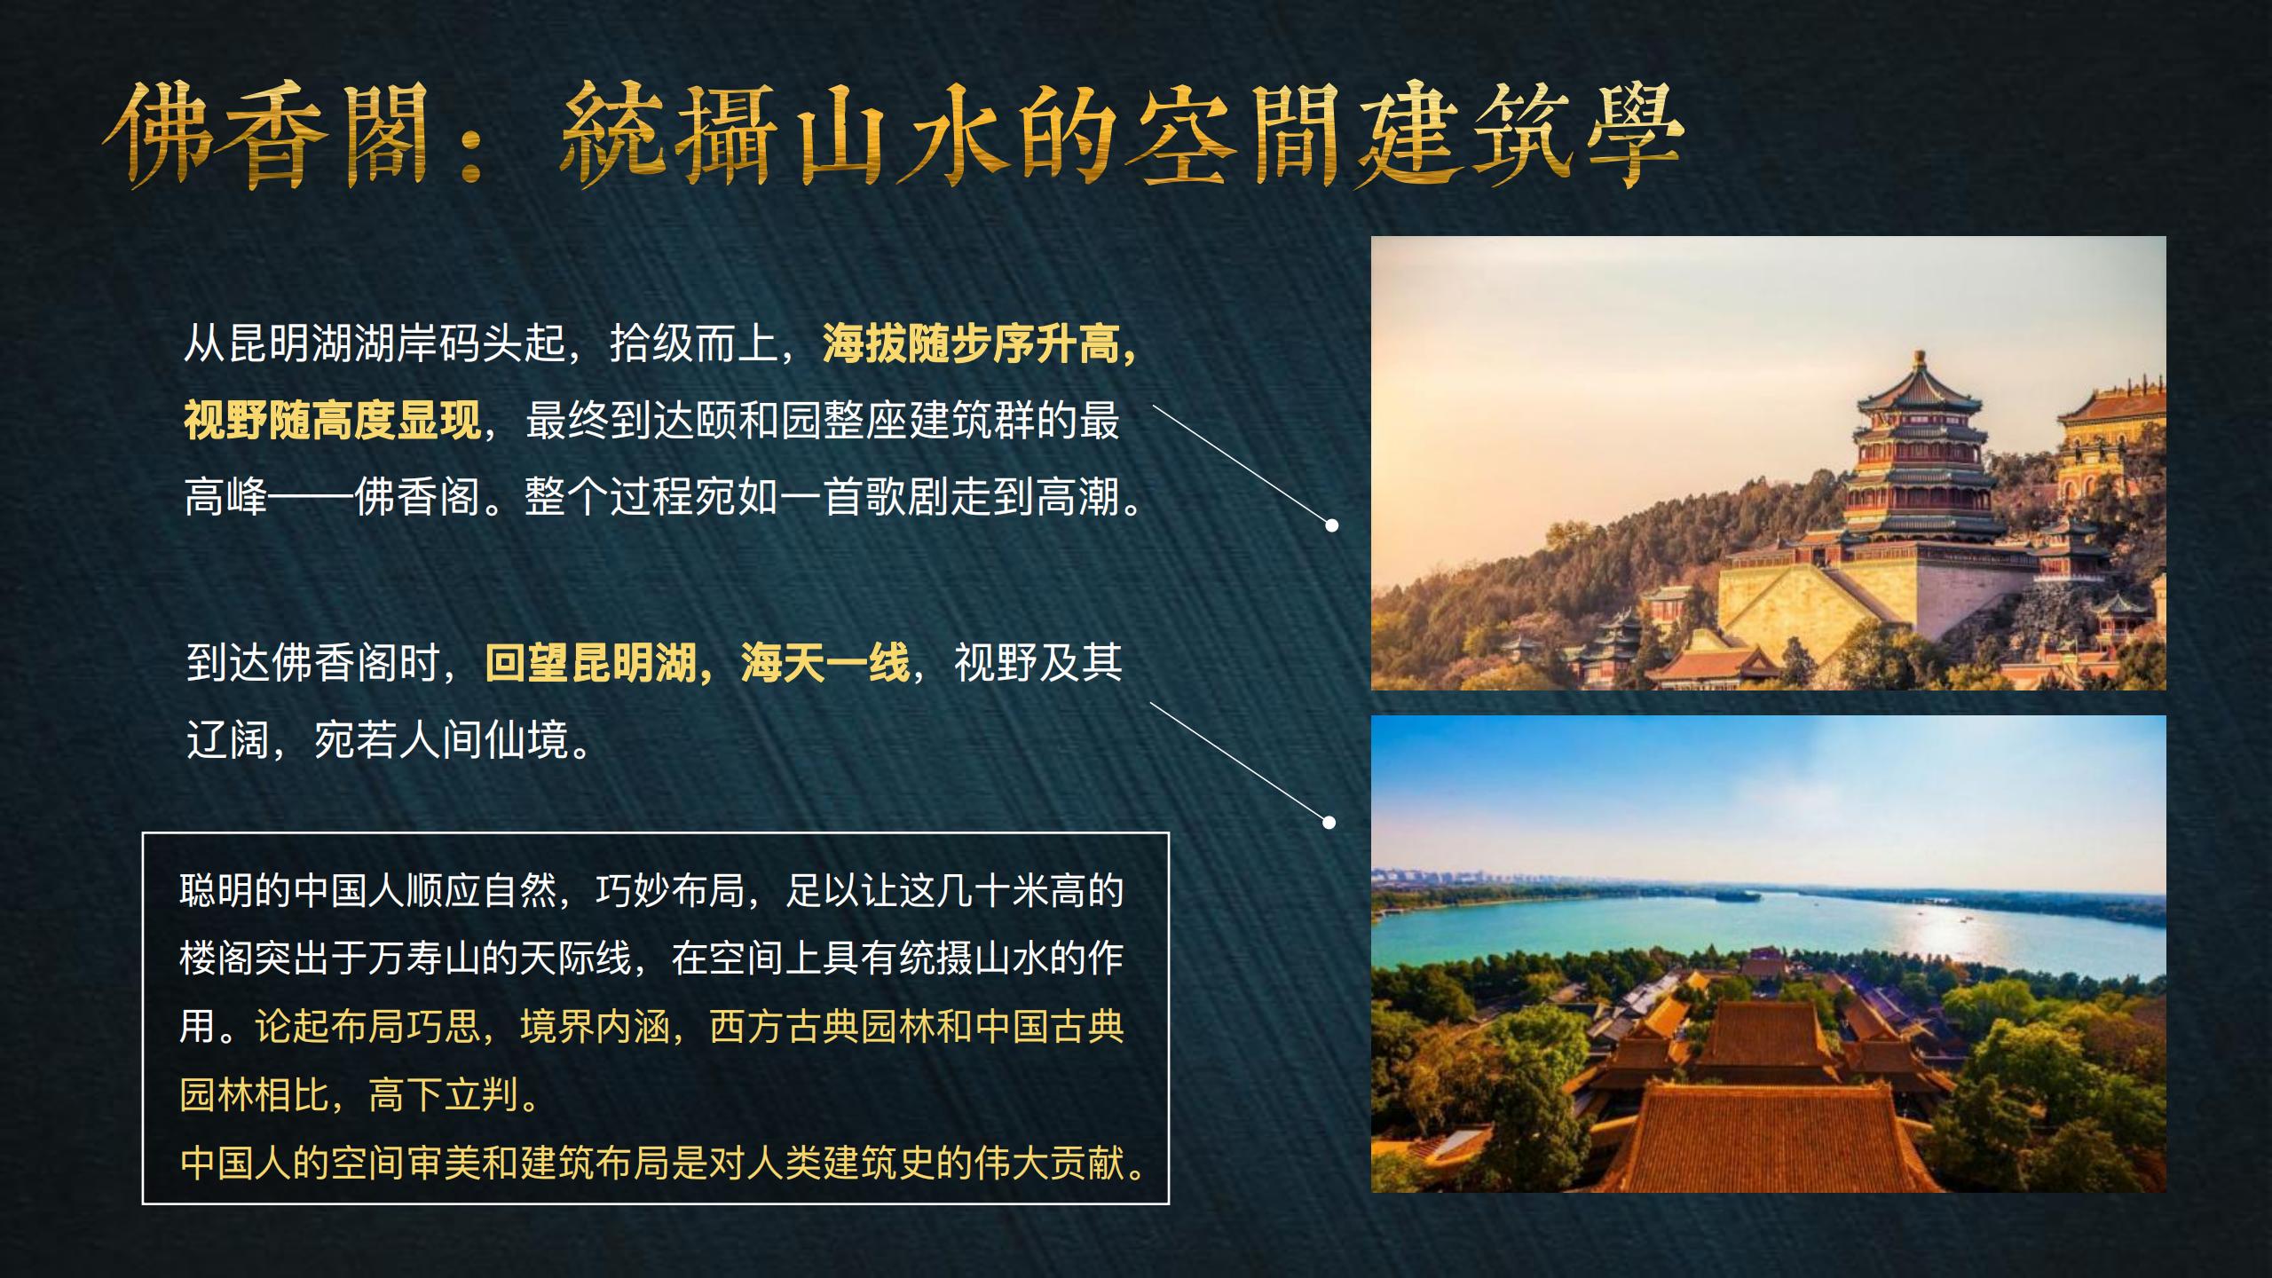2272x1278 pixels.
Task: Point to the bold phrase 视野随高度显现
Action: coord(332,420)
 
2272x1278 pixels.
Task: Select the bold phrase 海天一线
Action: coord(824,661)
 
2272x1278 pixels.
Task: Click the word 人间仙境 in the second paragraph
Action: coord(485,738)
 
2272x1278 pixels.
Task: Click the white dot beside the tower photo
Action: coord(1332,525)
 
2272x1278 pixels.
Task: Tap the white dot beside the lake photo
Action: coord(1329,822)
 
